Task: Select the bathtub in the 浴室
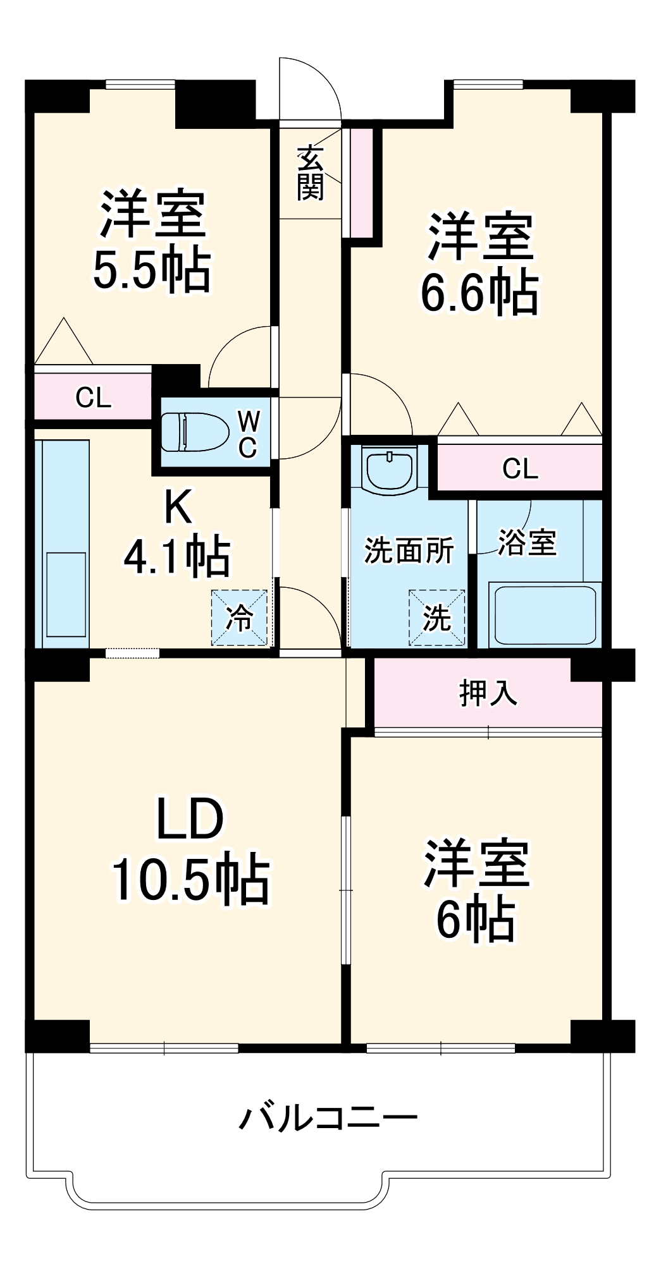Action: coord(545,615)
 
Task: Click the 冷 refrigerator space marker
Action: coord(240,617)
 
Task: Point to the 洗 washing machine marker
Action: coord(437,617)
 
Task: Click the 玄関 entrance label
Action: coord(311,173)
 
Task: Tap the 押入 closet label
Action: coord(488,693)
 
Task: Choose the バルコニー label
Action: coord(328,1118)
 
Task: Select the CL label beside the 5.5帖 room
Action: coord(93,398)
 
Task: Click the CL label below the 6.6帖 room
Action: coord(520,468)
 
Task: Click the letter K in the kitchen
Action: coord(178,506)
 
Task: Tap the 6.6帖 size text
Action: coord(479,293)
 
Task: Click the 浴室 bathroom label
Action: coord(527,543)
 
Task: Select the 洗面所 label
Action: coord(409,550)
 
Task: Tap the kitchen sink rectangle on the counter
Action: coord(66,594)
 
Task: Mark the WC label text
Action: coord(248,434)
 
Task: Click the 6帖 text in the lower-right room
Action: coord(475,920)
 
